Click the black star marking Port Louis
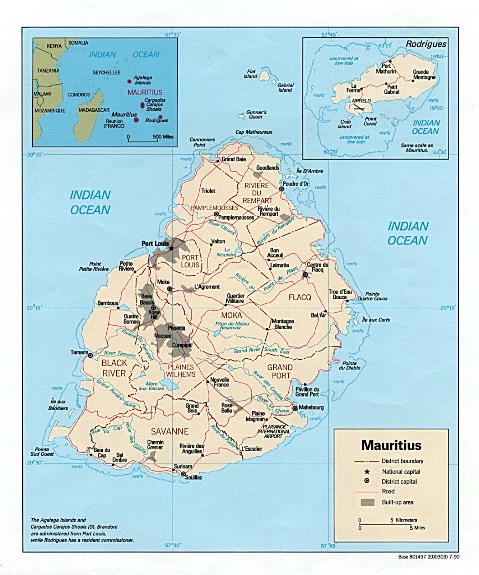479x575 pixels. point(171,248)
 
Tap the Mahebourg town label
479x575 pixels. point(311,407)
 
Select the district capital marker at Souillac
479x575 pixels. point(183,474)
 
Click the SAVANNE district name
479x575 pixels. point(169,431)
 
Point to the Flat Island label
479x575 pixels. point(251,74)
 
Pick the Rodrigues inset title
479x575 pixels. point(426,44)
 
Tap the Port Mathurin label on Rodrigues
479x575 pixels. point(386,68)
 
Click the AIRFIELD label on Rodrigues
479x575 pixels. point(361,101)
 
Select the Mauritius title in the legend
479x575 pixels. point(391,445)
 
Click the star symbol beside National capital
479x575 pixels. point(367,471)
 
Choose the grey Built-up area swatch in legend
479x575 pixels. point(367,502)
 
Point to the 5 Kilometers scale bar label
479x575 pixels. point(404,520)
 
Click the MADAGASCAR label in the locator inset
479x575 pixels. point(94,110)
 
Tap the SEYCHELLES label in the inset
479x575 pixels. point(107,73)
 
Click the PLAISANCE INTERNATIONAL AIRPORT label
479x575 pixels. point(273,431)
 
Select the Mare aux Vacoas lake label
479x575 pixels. point(151,386)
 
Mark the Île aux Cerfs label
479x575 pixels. point(376,319)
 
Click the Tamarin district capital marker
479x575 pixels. point(90,355)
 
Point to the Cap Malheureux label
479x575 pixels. point(254,132)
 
